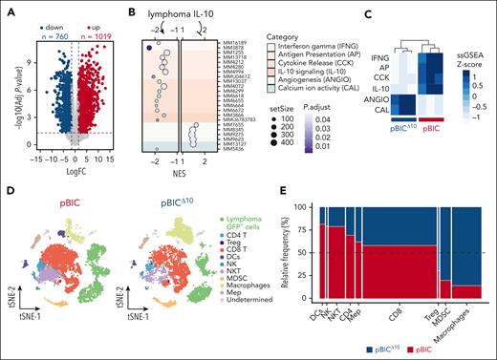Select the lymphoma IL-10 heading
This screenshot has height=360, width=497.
click(x=176, y=15)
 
